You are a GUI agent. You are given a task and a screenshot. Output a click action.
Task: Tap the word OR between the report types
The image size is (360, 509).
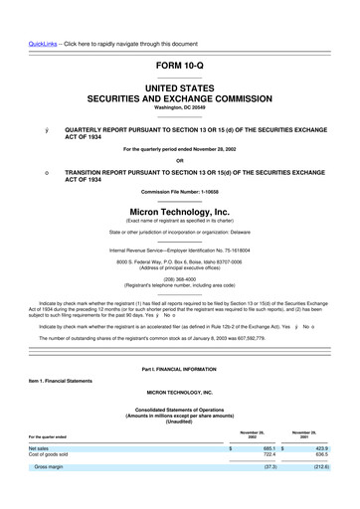tap(180, 160)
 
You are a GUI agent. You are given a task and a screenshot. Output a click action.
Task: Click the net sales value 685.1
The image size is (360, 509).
tap(267, 448)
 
